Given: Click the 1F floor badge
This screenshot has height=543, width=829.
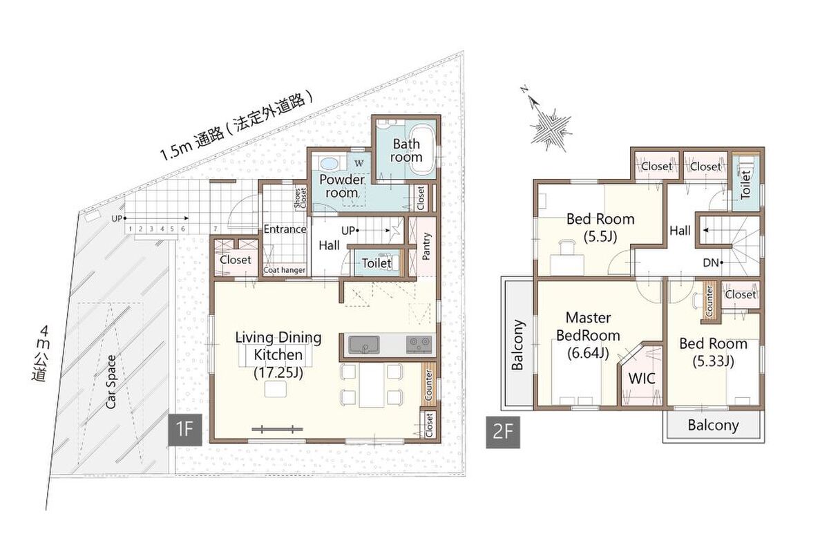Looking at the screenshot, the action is [x=185, y=430].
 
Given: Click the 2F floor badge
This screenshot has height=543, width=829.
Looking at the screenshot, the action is [x=503, y=432].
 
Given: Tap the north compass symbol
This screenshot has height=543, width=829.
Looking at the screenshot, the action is [x=548, y=124].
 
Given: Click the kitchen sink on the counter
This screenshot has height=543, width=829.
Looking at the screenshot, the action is [x=364, y=345].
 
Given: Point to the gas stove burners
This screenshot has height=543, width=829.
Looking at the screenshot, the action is [x=419, y=345].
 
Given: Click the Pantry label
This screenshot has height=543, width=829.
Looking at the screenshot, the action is [x=426, y=246].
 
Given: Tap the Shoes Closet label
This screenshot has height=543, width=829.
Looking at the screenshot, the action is [x=301, y=199].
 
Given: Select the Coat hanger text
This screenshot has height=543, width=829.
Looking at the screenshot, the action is [x=284, y=270].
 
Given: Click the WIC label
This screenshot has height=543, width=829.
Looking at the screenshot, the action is [x=642, y=379].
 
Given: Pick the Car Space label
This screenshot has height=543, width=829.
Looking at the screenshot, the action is [x=111, y=382].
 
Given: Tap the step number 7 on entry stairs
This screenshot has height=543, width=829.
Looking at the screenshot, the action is [x=216, y=229].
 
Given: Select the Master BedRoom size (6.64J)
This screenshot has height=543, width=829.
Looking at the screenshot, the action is [x=588, y=353].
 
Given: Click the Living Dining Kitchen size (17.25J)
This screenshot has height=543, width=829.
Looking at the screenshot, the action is [x=278, y=372].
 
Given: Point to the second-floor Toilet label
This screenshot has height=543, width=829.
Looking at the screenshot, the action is [x=745, y=184].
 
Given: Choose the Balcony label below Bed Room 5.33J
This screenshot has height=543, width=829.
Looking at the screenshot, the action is [x=713, y=425].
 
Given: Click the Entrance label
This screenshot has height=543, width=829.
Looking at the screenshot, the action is [x=285, y=229].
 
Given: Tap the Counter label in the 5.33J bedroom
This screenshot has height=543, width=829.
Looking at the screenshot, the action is [x=709, y=302].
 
